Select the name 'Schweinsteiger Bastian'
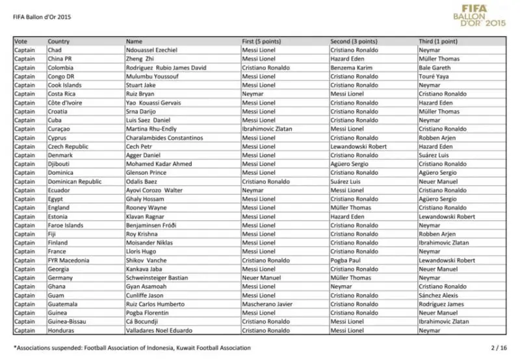157,277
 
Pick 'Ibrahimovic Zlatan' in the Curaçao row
267,129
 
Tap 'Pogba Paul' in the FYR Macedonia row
346,260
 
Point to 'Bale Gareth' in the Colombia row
434,68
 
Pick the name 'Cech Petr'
139,146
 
